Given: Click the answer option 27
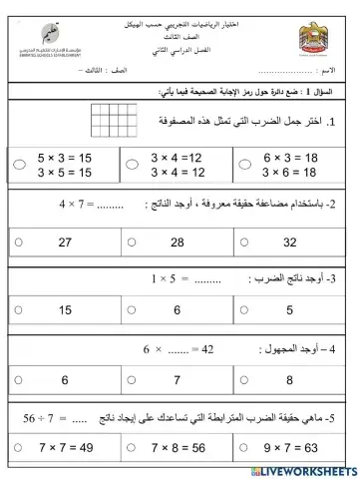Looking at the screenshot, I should (x=65, y=241).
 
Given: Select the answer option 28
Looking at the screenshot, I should (x=178, y=241).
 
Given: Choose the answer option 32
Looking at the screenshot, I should (x=291, y=241).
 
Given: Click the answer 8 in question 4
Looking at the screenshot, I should (x=291, y=380).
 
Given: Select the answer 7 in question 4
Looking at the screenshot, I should (x=178, y=380).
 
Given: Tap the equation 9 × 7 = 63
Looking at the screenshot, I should (x=293, y=448).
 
